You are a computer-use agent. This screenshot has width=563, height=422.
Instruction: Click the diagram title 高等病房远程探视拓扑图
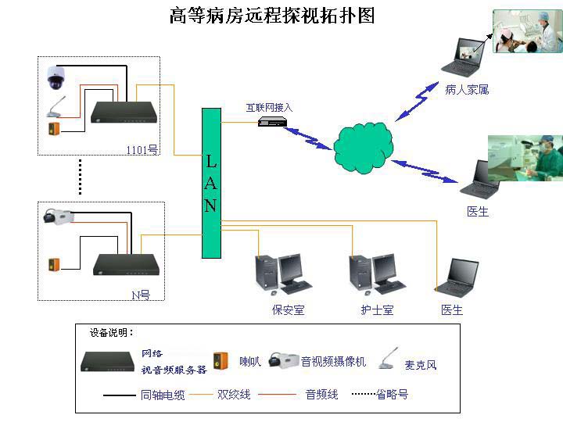pyautogui.click(x=272, y=16)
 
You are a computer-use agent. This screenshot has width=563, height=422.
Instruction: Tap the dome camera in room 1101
pyautogui.click(x=56, y=77)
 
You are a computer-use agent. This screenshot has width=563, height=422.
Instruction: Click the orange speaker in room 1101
pyautogui.click(x=54, y=129)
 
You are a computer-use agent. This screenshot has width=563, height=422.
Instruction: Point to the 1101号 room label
pyautogui.click(x=142, y=149)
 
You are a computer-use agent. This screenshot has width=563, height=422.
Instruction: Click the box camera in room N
pyautogui.click(x=59, y=216)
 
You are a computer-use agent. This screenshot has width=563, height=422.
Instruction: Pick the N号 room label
pyautogui.click(x=141, y=295)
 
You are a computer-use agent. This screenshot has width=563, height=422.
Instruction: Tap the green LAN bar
pyautogui.click(x=211, y=183)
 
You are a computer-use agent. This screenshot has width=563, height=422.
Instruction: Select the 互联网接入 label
pyautogui.click(x=269, y=107)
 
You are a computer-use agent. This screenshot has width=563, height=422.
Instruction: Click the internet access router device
pyautogui.click(x=273, y=122)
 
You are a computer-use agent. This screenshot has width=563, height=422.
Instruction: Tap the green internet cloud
pyautogui.click(x=363, y=147)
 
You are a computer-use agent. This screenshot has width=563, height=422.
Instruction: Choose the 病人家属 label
pyautogui.click(x=467, y=90)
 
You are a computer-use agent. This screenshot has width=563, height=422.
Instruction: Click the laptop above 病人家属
pyautogui.click(x=462, y=57)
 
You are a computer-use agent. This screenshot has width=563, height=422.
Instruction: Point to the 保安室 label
pyautogui.click(x=288, y=309)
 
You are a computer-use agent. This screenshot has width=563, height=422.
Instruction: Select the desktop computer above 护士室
pyautogui.click(x=378, y=274)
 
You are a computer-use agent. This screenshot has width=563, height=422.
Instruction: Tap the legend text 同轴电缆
pyautogui.click(x=163, y=395)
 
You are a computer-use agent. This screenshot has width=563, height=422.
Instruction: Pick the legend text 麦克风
pyautogui.click(x=421, y=365)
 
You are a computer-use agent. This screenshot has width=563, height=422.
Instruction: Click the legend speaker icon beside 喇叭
pyautogui.click(x=221, y=361)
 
